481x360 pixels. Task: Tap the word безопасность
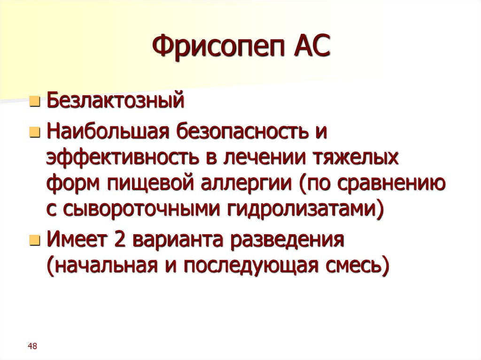[239, 133]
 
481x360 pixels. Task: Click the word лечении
[262, 159]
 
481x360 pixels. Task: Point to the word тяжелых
[356, 159]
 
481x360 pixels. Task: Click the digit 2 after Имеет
[117, 240]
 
